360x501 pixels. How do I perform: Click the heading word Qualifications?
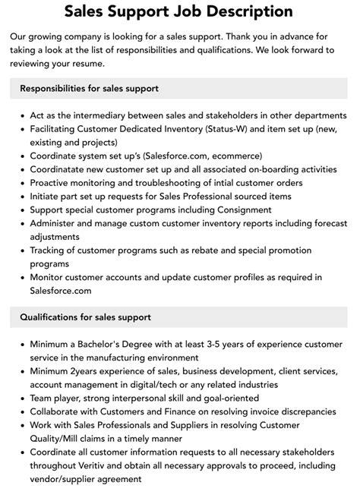tap(51, 317)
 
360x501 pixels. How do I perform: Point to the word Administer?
tap(55, 224)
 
